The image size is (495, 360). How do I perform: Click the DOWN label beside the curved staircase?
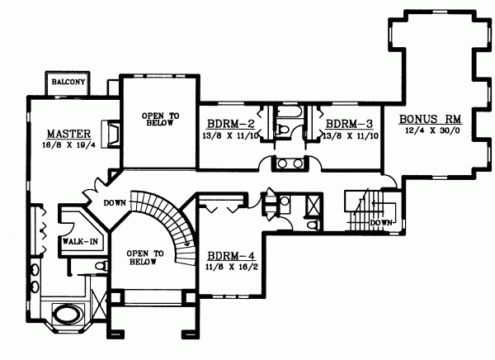pyautogui.click(x=114, y=202)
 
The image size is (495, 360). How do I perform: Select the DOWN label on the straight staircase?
pyautogui.click(x=381, y=223)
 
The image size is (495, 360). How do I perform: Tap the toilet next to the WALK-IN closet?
pyautogui.click(x=100, y=266)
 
